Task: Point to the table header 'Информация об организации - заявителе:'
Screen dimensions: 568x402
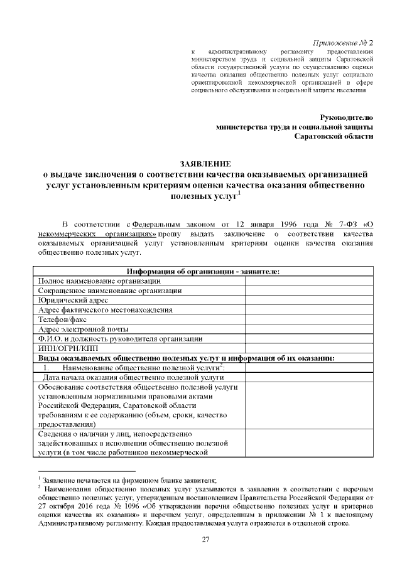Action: [203, 271]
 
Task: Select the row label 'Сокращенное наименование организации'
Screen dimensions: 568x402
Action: [102, 291]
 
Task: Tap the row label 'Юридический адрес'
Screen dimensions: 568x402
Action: [68, 300]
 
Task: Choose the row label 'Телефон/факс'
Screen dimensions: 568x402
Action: [62, 319]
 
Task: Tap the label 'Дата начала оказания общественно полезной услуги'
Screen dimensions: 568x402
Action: [133, 377]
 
